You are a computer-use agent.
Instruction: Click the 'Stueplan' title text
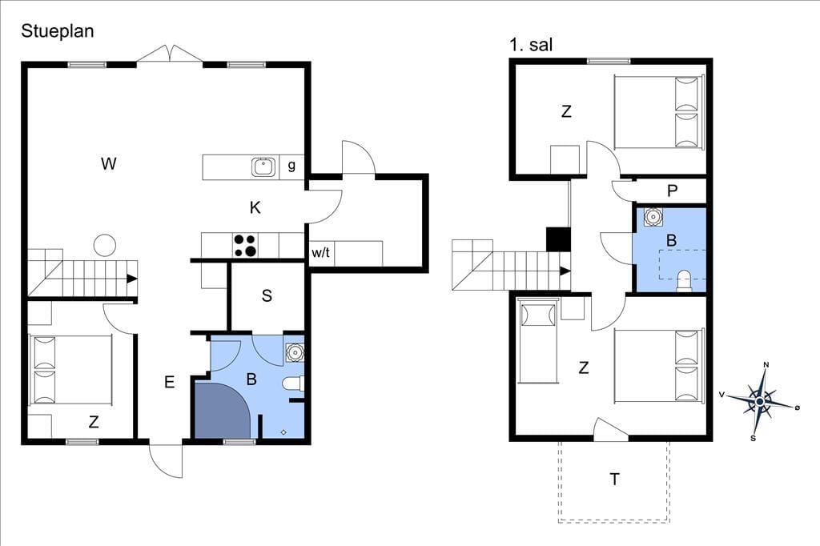58,31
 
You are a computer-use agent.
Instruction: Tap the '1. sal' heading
531,45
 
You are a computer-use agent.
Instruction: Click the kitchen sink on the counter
263,167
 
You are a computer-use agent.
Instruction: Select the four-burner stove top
245,246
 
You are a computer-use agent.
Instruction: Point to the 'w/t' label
320,253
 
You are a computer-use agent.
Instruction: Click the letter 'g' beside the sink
291,166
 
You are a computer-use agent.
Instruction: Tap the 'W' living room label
108,163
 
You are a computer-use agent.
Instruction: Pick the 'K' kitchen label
255,207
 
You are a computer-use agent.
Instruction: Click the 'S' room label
267,295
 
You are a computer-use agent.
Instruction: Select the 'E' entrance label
169,383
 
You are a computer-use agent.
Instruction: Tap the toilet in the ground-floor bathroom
293,384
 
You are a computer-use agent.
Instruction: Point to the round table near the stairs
105,245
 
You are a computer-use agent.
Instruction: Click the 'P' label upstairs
673,191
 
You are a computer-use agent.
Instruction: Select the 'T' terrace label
614,479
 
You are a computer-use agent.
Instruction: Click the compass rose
760,402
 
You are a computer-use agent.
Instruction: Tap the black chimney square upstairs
558,239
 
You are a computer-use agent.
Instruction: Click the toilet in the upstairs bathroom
684,281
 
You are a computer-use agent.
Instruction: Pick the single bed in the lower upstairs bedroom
539,342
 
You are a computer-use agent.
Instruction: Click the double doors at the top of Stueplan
170,54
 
